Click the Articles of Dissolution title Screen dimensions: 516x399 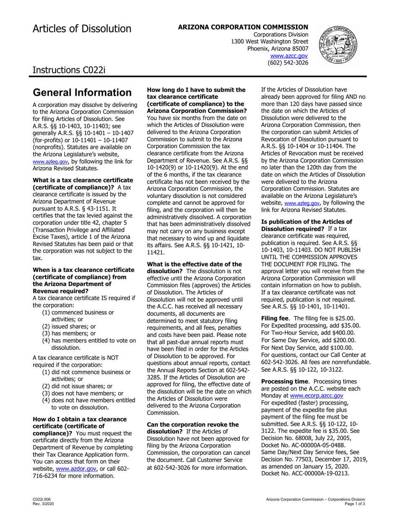[82, 29]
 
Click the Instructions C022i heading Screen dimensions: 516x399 [69, 69]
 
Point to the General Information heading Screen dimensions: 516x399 [82, 92]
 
